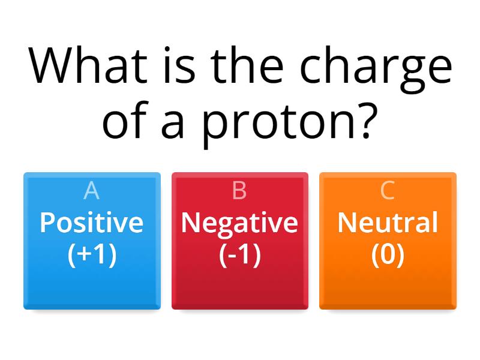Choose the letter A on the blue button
(x=91, y=190)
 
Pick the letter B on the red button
(x=239, y=190)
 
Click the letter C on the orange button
(x=388, y=190)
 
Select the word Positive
(x=92, y=223)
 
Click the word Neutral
(x=388, y=223)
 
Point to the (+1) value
(x=92, y=254)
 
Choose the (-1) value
(x=239, y=254)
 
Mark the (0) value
(x=388, y=254)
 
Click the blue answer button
(x=92, y=288)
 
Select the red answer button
(x=239, y=288)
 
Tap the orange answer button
(x=388, y=288)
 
